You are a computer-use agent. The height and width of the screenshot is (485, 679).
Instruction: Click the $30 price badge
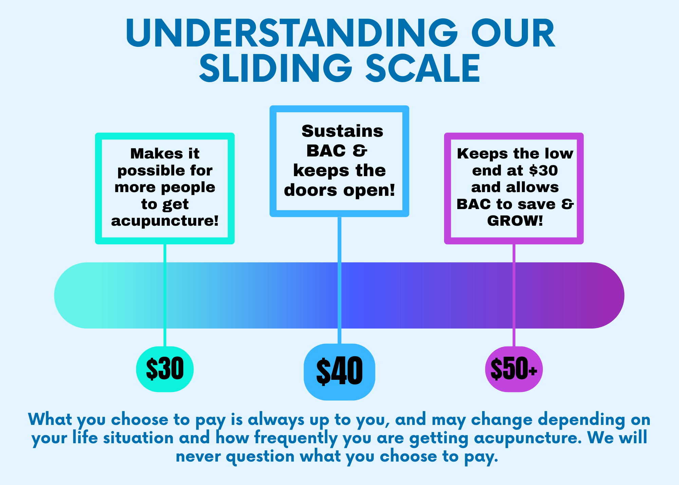(x=165, y=369)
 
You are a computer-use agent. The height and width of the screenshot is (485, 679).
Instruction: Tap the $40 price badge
(x=339, y=372)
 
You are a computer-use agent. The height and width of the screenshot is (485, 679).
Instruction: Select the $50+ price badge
(x=514, y=369)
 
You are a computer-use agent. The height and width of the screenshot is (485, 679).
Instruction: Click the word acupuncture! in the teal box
(x=165, y=221)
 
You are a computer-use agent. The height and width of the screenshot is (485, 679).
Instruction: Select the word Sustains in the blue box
(x=342, y=131)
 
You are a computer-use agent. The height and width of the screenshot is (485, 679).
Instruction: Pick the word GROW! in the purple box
(x=515, y=221)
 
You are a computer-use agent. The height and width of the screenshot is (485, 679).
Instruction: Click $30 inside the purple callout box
(x=543, y=170)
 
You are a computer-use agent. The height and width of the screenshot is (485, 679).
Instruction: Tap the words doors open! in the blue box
(x=339, y=190)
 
